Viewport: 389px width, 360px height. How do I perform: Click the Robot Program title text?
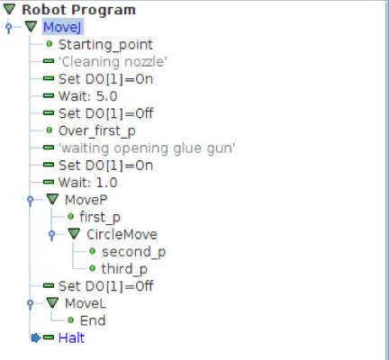coord(78,10)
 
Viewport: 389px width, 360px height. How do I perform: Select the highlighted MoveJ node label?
coord(62,27)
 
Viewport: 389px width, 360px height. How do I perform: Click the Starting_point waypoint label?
coord(105,45)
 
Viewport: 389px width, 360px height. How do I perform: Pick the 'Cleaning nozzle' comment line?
coord(113,62)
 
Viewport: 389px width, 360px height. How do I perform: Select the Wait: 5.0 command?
coord(87,96)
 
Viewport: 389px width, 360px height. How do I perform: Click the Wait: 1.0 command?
coord(87,183)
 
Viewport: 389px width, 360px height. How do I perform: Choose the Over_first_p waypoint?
coord(97,131)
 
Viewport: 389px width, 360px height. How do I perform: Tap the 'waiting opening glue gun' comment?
coord(147,148)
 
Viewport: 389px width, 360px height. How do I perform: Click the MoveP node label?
coord(86,200)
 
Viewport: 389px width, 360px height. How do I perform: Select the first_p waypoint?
coord(100,217)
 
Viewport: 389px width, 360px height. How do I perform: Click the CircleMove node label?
coord(122,234)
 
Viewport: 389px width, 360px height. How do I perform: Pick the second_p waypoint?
coord(133,252)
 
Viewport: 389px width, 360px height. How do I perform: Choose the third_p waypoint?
coord(124,269)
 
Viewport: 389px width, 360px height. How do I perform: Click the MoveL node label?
coord(86,303)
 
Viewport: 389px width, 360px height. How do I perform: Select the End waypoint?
coord(93,320)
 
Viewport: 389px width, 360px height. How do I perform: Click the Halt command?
coord(71,338)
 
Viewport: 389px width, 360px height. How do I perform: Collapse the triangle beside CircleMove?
coord(74,234)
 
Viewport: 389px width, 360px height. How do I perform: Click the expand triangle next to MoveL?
coord(52,303)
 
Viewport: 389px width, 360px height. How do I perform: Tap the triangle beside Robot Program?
coord(9,9)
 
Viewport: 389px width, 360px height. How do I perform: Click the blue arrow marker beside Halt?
coord(35,338)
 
